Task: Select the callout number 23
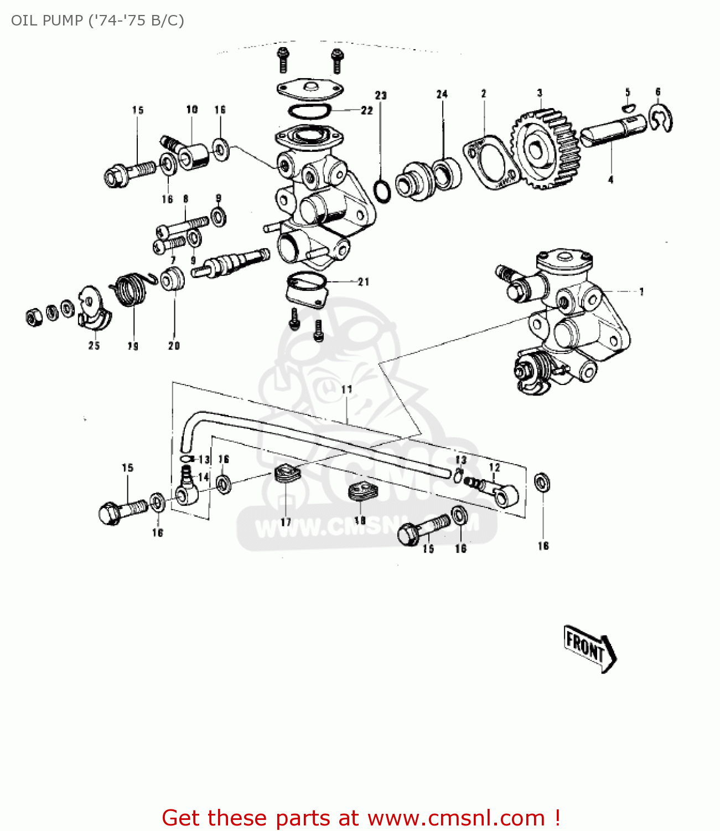click(381, 95)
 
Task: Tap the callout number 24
click(442, 94)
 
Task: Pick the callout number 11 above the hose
click(346, 389)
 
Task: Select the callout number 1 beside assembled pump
click(641, 291)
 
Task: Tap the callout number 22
click(367, 110)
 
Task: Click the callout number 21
click(363, 282)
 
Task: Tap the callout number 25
click(94, 346)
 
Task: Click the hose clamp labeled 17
click(287, 475)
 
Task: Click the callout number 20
click(174, 346)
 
